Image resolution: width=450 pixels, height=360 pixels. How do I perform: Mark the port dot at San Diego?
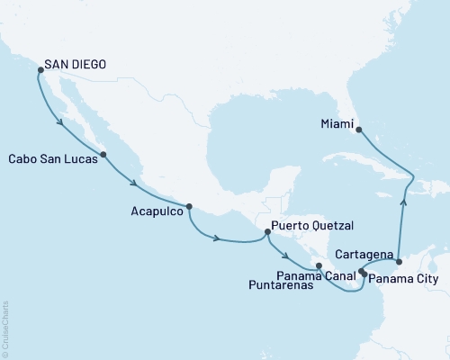point(39,67)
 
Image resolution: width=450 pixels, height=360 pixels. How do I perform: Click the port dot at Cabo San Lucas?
point(103,155)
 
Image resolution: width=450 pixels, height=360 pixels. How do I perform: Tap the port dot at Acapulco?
point(189,206)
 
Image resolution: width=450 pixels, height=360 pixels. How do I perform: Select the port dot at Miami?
point(358,130)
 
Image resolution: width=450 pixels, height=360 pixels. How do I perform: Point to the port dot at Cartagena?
point(398,261)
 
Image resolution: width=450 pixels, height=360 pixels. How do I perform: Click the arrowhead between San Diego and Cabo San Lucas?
point(61,121)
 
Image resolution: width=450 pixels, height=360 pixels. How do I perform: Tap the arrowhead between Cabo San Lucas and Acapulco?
point(135,184)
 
